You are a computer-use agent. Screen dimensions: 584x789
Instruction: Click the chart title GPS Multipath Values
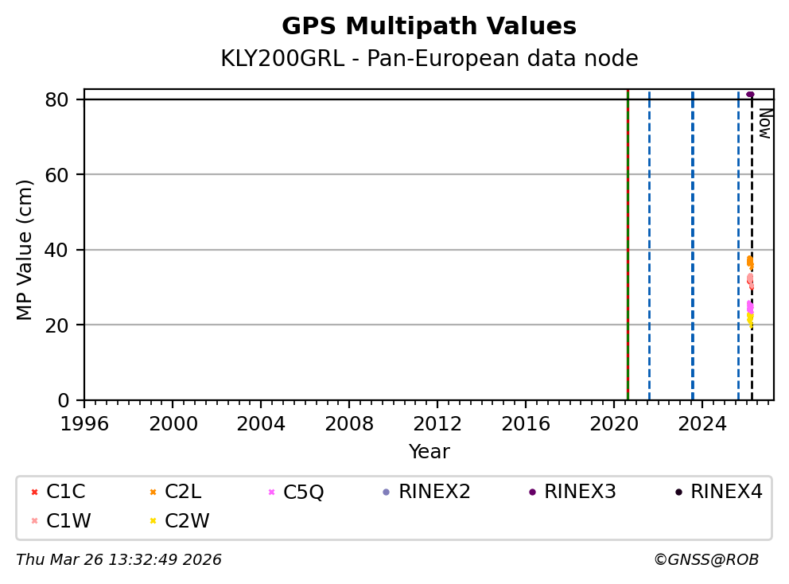429,26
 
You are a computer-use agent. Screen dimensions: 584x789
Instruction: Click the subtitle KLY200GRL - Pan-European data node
429,59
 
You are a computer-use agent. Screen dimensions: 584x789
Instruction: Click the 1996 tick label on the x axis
85,423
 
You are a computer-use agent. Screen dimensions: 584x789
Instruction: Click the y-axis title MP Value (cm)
25,250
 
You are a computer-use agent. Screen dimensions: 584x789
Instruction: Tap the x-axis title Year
429,452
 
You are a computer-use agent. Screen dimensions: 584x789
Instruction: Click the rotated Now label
764,123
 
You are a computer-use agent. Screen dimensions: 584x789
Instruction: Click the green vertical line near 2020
628,239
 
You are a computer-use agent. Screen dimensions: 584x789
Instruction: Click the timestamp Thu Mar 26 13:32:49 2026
119,560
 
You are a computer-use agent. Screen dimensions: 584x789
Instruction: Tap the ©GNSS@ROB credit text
705,560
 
